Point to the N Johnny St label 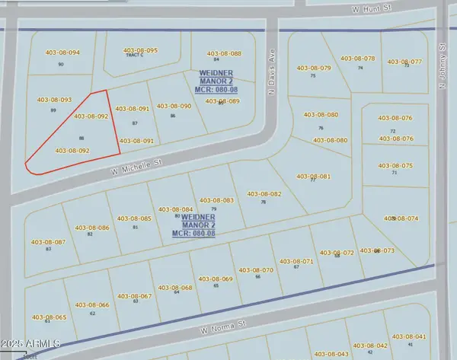[x=443, y=66]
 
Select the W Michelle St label [x=137, y=163]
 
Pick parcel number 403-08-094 [x=62, y=53]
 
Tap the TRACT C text [x=134, y=56]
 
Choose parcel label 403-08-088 [x=224, y=53]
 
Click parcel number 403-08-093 [x=54, y=100]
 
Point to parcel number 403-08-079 [x=314, y=68]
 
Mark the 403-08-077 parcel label [x=404, y=61]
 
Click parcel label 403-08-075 [x=396, y=165]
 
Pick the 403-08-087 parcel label [x=50, y=242]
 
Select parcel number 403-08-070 [x=256, y=270]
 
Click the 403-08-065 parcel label [x=50, y=317]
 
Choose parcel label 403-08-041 [x=409, y=336]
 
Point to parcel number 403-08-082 [x=264, y=194]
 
